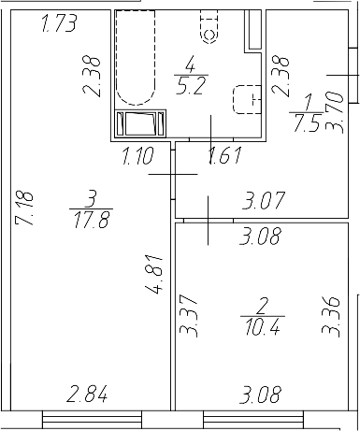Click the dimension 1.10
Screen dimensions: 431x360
(139, 156)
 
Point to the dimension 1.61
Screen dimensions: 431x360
(223, 156)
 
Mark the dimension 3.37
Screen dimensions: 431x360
(185, 318)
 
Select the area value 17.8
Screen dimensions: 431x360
(90, 220)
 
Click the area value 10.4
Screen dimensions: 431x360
(261, 325)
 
